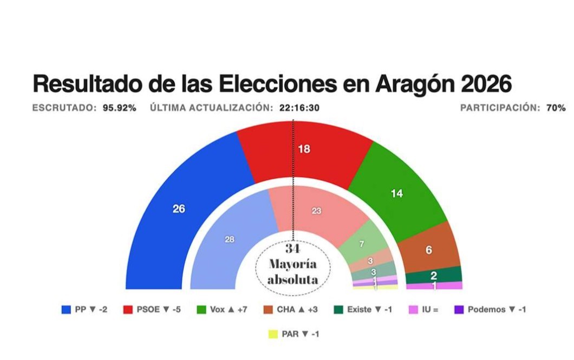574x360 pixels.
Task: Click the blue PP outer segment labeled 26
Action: (179, 208)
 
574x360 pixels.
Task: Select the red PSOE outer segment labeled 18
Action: (304, 149)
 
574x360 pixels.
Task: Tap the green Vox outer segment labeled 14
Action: (397, 193)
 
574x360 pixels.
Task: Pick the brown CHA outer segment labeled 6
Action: (429, 250)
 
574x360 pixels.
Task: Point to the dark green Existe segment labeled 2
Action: (434, 275)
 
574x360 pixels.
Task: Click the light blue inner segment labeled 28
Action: (230, 239)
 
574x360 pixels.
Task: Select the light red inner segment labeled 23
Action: (316, 211)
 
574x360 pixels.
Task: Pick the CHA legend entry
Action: (291, 310)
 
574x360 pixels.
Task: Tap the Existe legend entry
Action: (363, 310)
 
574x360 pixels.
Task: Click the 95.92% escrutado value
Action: (120, 108)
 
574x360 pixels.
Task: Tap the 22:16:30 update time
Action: (299, 108)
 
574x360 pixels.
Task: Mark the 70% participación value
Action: (556, 108)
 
